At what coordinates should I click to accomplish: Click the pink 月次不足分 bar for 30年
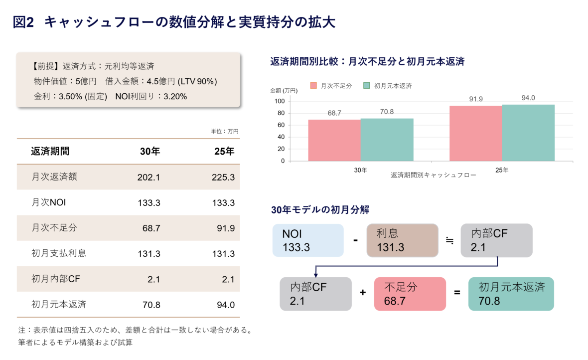coord(334,140)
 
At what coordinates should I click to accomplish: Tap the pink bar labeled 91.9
coord(475,133)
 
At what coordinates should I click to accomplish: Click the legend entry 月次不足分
coord(331,86)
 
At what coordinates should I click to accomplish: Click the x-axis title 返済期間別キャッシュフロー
coord(433,176)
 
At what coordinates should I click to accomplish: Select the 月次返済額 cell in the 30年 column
coord(148,177)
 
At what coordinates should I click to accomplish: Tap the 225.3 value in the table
coord(223,177)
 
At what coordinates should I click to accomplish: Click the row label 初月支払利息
coord(59,253)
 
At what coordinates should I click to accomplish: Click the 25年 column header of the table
coord(222,152)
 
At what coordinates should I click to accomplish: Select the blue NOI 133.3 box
coord(308,240)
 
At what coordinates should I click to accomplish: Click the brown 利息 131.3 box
coord(402,240)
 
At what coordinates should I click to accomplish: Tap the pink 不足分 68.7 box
coord(409,294)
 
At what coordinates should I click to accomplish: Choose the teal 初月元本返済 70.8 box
coord(511,294)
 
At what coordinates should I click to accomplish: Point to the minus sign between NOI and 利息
coord(355,240)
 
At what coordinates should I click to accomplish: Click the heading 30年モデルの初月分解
coord(320,209)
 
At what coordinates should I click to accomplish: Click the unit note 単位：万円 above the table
coord(225,131)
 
